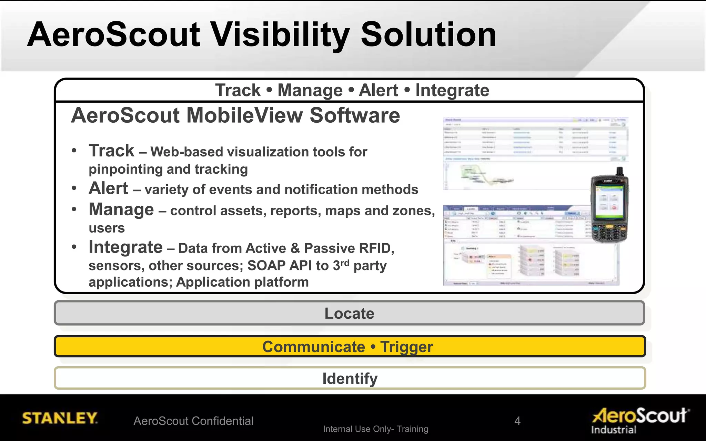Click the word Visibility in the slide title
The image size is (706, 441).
280,35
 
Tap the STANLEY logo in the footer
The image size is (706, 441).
60,418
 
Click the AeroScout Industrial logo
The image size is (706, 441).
641,420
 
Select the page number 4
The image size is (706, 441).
517,421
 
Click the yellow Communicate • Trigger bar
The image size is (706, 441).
350,347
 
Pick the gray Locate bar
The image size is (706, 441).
350,313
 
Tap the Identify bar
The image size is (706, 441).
350,378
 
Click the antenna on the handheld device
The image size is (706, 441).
619,172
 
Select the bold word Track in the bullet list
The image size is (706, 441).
111,151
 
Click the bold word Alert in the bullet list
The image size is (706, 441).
108,188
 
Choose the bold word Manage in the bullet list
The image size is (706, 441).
121,209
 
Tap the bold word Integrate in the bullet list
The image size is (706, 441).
125,247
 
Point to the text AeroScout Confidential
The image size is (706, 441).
193,421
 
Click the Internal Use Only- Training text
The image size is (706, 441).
375,429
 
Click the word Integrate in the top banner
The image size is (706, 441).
452,91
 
